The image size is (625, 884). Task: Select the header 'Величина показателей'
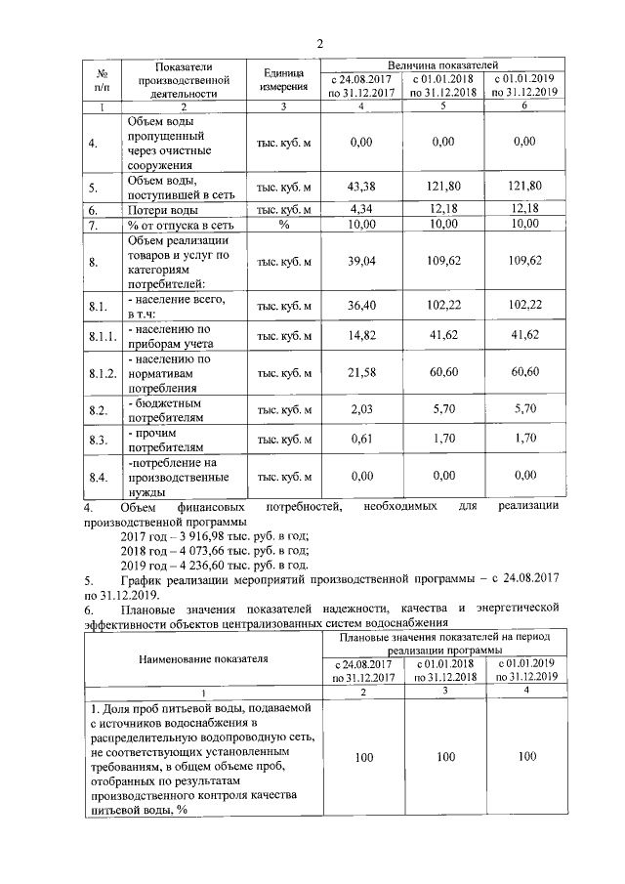(442, 63)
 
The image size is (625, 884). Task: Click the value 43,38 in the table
(361, 186)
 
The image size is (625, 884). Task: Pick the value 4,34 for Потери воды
(361, 209)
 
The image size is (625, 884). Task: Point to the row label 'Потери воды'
(163, 210)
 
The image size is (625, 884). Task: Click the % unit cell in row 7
(283, 224)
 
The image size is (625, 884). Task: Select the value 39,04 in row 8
(361, 261)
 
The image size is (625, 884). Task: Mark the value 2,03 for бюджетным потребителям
(361, 410)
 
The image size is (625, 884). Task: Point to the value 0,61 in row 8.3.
(361, 441)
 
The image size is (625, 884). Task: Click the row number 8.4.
(98, 478)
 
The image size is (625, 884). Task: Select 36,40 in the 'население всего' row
(361, 306)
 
